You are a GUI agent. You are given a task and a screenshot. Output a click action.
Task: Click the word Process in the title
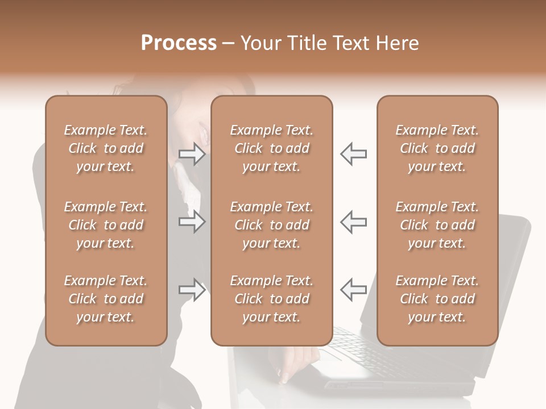pyautogui.click(x=179, y=43)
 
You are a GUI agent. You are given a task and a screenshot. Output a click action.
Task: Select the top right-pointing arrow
pyautogui.click(x=192, y=154)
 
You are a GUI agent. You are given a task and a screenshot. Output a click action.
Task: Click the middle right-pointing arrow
pyautogui.click(x=192, y=222)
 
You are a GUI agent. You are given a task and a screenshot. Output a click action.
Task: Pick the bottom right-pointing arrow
pyautogui.click(x=192, y=290)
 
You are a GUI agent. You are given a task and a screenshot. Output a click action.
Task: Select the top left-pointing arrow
pyautogui.click(x=353, y=154)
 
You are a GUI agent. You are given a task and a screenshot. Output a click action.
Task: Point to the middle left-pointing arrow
pyautogui.click(x=353, y=222)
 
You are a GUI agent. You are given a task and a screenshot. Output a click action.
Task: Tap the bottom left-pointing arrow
pyautogui.click(x=353, y=290)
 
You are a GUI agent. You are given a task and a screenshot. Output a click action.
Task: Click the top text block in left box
pyautogui.click(x=106, y=148)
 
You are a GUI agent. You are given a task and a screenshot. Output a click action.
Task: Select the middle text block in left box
pyautogui.click(x=106, y=225)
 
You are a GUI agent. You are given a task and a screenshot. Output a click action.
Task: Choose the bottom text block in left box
pyautogui.click(x=106, y=299)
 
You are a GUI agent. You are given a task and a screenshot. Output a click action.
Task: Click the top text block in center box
pyautogui.click(x=271, y=148)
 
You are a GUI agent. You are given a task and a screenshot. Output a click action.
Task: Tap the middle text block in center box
pyautogui.click(x=271, y=225)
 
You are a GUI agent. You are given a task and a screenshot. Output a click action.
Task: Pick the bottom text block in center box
pyautogui.click(x=271, y=299)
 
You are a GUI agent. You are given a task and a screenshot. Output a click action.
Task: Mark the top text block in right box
pyautogui.click(x=437, y=148)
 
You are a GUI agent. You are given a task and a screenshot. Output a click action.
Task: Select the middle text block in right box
pyautogui.click(x=437, y=225)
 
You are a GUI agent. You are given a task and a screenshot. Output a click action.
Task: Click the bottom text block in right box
pyautogui.click(x=437, y=299)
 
